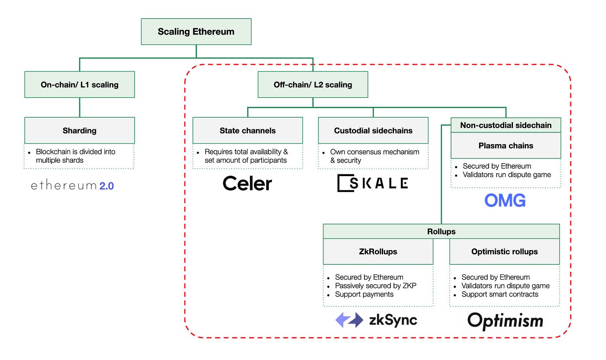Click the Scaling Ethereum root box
196,32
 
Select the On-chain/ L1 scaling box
80,85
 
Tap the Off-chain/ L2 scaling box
313,85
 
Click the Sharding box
80,130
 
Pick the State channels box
248,130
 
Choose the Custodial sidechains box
373,130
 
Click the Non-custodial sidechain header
506,125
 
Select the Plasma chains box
506,146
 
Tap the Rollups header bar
441,231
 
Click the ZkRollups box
378,251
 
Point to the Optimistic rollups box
504,251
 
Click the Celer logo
247,183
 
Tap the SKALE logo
373,183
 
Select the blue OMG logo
505,200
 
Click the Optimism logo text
505,321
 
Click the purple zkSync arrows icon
349,320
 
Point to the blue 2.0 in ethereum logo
106,186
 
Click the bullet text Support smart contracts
500,294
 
